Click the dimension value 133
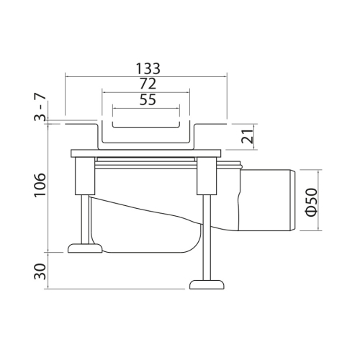point(148,68)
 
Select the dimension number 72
point(148,84)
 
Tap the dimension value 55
point(148,99)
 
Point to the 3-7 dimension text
point(40,107)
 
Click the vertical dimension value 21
point(248,136)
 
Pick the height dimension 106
point(40,185)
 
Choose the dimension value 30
point(40,271)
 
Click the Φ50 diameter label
point(312,202)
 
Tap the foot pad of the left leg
point(85,248)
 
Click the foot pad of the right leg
point(207,284)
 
